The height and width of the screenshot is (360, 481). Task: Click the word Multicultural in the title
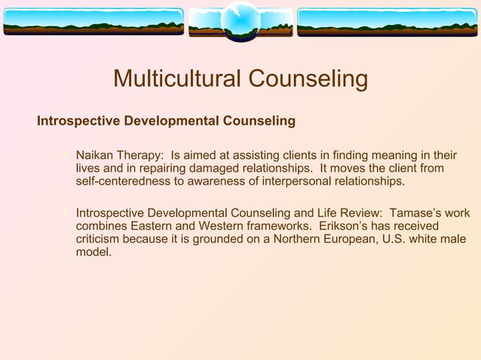coord(177,78)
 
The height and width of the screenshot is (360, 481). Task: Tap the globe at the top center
coord(240,20)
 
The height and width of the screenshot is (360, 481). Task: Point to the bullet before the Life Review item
coord(65,212)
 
